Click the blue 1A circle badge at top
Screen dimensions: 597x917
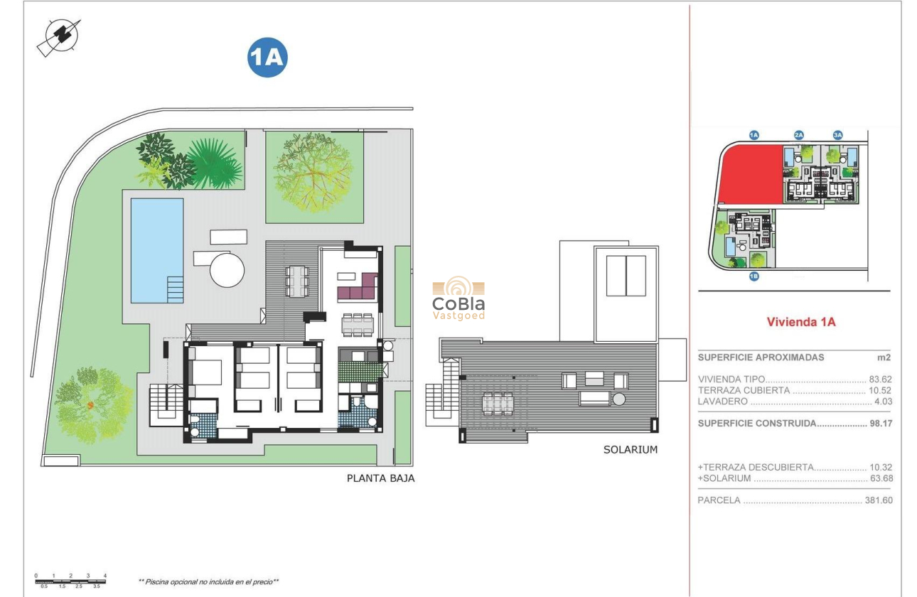pos(267,58)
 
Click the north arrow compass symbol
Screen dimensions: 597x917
pos(58,37)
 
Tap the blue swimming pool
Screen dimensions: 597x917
pos(156,249)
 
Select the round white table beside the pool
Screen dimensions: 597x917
pos(227,269)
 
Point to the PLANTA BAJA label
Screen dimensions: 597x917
pos(380,478)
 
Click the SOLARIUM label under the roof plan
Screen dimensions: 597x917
pos(631,449)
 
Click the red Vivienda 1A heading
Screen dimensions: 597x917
pos(800,322)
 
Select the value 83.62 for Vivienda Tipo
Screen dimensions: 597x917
pos(879,380)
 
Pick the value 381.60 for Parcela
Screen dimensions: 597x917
pos(877,500)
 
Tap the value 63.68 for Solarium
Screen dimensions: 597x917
pos(879,478)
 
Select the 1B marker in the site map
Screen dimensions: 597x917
pos(754,277)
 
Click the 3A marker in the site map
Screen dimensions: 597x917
pos(837,135)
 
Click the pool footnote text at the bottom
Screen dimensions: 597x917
pos(208,581)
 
